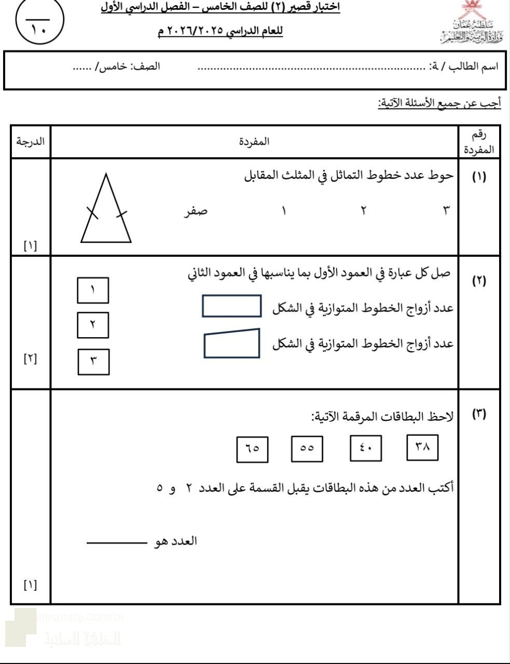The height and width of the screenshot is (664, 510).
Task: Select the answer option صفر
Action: point(196,211)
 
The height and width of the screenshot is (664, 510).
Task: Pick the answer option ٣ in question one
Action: point(446,211)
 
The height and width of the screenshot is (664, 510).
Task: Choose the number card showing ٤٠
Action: point(366,449)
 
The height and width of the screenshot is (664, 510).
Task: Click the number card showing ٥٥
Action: point(307,449)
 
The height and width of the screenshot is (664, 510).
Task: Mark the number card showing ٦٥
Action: point(252,449)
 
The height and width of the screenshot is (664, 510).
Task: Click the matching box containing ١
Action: point(93,290)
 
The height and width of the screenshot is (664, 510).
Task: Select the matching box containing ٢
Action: point(93,325)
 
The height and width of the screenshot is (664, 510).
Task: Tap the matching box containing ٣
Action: point(93,362)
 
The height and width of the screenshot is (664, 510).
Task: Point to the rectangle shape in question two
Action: point(231,306)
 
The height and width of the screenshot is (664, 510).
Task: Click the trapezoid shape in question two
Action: point(232,343)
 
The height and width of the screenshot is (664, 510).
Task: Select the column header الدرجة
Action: point(30,142)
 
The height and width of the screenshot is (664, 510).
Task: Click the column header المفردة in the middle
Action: point(254,142)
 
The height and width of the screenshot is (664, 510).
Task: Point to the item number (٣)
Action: point(478,414)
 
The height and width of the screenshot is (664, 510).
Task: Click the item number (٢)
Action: point(478,281)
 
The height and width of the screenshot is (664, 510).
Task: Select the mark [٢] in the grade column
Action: point(31,358)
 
